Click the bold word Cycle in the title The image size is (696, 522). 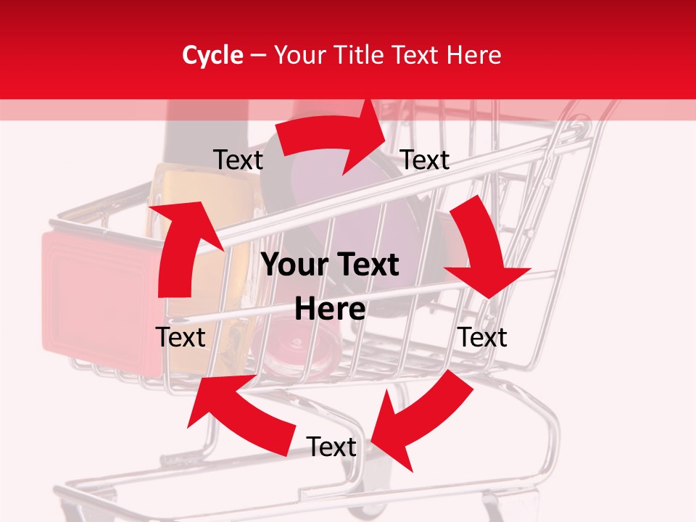[212, 55]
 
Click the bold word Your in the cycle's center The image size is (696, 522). [293, 265]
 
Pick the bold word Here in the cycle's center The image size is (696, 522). [330, 310]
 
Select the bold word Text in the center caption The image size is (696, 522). [365, 265]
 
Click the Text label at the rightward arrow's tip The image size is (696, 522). [425, 160]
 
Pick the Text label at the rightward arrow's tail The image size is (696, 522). [239, 160]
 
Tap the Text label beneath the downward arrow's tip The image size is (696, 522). [483, 337]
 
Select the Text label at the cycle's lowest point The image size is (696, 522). [331, 447]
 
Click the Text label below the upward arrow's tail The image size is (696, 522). [181, 337]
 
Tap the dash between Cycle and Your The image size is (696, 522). [257, 56]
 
